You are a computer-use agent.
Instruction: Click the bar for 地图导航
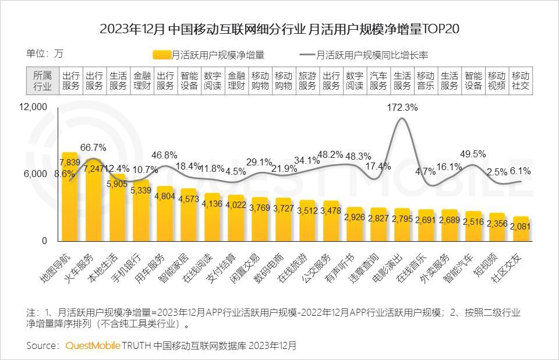click(70, 198)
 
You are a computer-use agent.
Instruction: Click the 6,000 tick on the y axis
click(37, 174)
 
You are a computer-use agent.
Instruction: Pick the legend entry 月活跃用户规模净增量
click(209, 55)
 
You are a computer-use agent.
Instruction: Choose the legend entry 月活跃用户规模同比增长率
click(365, 55)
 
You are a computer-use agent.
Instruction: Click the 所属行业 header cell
click(43, 81)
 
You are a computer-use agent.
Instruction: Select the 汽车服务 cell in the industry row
click(378, 81)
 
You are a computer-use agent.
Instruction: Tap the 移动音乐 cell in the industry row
click(426, 81)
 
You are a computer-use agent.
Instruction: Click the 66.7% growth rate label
click(93, 147)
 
